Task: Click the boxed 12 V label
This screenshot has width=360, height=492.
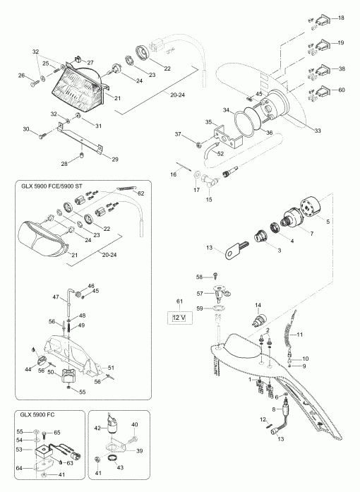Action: [x=179, y=318]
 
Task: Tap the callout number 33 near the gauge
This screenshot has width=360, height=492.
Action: [x=318, y=131]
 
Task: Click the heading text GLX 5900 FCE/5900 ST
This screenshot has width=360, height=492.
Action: [x=52, y=186]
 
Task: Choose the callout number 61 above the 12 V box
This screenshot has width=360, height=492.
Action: [x=179, y=301]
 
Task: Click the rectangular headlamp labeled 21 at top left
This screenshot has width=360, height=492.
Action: [x=78, y=85]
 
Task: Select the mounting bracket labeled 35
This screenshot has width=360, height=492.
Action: [x=227, y=136]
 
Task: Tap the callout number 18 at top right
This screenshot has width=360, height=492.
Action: [x=341, y=18]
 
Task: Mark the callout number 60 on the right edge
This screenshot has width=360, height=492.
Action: [x=341, y=90]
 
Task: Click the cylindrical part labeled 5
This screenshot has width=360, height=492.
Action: [x=312, y=206]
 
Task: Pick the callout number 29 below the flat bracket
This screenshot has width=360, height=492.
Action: [x=115, y=160]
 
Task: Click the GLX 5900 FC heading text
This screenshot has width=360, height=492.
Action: [x=37, y=414]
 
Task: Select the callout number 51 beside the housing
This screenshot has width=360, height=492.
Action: [x=111, y=368]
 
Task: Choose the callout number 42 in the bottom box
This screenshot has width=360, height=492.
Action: [x=98, y=428]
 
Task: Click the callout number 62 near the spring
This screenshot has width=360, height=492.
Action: [x=141, y=193]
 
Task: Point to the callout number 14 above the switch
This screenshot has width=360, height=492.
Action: [x=258, y=305]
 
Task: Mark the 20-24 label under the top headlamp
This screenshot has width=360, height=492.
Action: [x=178, y=95]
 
